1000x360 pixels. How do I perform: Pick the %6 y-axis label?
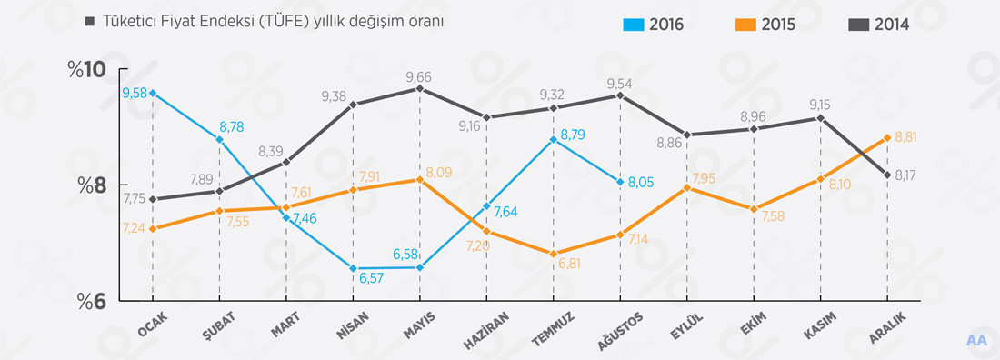tap(92, 301)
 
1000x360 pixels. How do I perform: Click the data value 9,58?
tap(134, 93)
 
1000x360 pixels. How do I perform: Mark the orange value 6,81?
tap(569, 264)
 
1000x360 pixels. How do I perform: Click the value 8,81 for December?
tap(907, 137)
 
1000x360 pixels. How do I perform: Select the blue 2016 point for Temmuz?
tap(553, 139)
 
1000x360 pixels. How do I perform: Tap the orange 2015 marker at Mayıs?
tap(419, 179)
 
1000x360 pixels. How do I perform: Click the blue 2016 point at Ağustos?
tap(620, 182)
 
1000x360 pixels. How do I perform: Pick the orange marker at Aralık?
tap(886, 138)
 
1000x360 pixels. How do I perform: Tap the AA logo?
tap(977, 340)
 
